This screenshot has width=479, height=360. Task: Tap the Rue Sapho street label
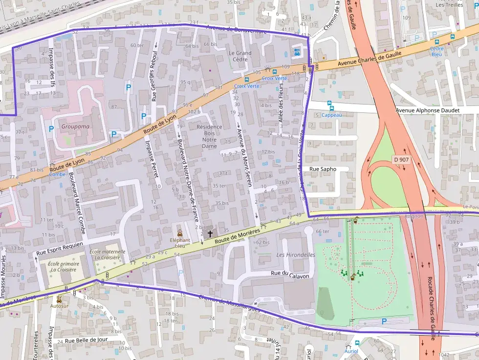click(323, 169)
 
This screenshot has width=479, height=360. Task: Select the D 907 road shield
click(400, 159)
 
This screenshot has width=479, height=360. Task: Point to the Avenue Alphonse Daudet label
click(428, 110)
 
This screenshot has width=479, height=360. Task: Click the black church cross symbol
click(210, 234)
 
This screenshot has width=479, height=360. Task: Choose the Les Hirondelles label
click(296, 255)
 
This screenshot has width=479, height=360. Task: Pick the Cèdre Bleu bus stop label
click(436, 51)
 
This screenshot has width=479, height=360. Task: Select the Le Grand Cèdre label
click(240, 56)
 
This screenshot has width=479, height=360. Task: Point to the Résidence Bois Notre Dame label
click(209, 136)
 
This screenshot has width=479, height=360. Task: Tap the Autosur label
click(59, 306)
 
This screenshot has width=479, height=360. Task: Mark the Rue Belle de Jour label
click(86, 340)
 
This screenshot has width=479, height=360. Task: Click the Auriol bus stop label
click(351, 351)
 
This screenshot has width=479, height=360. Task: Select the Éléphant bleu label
click(180, 243)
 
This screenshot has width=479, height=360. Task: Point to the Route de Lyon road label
click(160, 126)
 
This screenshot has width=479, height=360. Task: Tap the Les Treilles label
click(449, 5)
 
